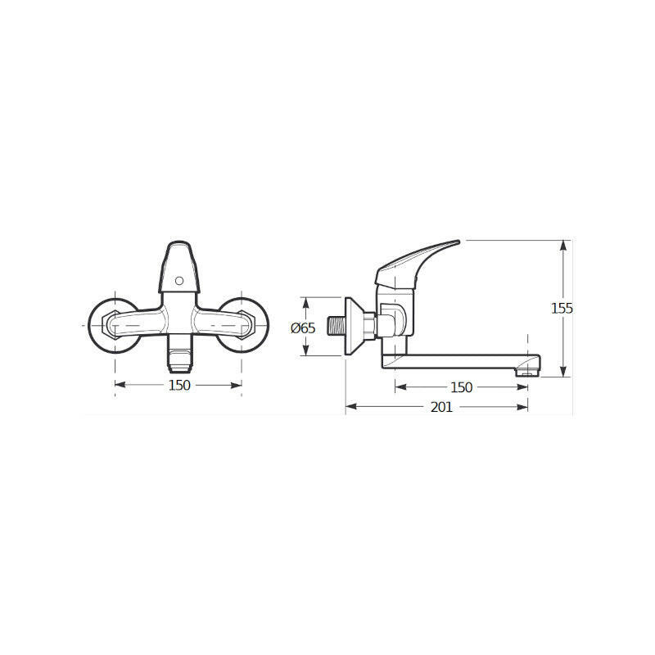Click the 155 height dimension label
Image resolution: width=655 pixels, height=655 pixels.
pyautogui.click(x=562, y=309)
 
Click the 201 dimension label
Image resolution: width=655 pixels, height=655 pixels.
pyautogui.click(x=441, y=407)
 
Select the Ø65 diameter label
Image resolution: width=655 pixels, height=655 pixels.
pyautogui.click(x=303, y=328)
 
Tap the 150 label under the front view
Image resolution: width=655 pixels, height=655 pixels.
pyautogui.click(x=179, y=385)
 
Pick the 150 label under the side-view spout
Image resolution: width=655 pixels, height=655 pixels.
pyautogui.click(x=461, y=387)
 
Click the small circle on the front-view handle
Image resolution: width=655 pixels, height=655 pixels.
pyautogui.click(x=179, y=281)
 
